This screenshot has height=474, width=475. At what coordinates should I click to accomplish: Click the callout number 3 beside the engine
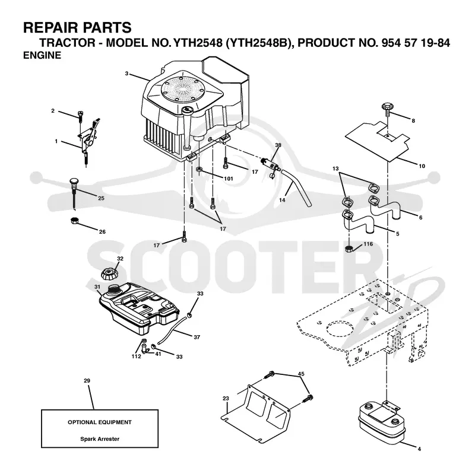(x=126, y=74)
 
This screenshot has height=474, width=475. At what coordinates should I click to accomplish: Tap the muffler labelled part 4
(x=381, y=421)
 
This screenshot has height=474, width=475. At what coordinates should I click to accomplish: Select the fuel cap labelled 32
(x=110, y=273)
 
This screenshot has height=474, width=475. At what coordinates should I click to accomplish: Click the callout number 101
(x=229, y=179)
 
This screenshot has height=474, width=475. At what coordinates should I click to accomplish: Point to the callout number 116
(x=368, y=244)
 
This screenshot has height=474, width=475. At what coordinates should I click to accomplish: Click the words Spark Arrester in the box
(x=100, y=438)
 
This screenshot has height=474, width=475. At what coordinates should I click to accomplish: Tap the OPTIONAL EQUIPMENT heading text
(x=100, y=422)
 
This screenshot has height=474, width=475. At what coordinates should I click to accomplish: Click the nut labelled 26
(x=75, y=221)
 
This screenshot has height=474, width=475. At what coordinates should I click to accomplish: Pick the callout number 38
(x=278, y=145)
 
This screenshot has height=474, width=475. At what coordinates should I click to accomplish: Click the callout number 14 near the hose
(x=282, y=200)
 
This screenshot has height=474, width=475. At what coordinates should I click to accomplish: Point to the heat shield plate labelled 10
(x=378, y=141)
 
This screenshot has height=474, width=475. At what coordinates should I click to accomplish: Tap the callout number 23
(x=226, y=398)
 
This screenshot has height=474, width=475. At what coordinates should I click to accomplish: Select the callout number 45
(x=301, y=374)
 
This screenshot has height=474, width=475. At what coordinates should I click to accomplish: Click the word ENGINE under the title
(x=42, y=55)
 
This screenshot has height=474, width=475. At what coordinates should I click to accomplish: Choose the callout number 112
(x=136, y=357)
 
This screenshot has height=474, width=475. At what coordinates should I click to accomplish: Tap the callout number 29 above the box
(x=87, y=380)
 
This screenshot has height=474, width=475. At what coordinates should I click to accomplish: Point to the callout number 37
(x=197, y=337)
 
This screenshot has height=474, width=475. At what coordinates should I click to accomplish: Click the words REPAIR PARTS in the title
(x=78, y=27)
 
